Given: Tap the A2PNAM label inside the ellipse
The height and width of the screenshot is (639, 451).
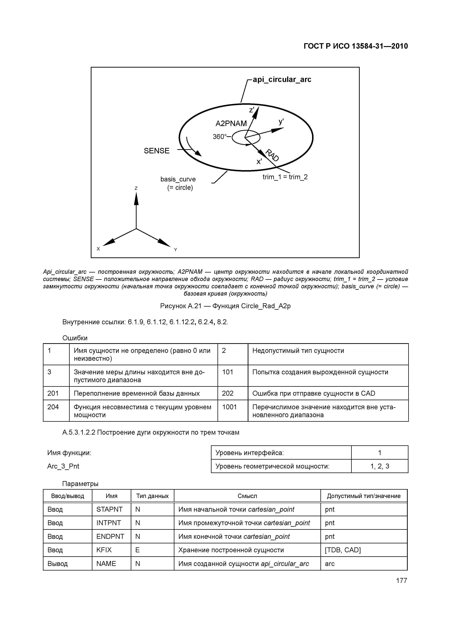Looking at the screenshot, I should (x=231, y=124).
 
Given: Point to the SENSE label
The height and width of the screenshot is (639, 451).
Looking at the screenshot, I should (x=156, y=151).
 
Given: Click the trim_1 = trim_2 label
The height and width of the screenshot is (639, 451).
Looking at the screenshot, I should (x=285, y=177).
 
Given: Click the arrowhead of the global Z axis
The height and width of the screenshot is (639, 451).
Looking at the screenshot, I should (x=136, y=198).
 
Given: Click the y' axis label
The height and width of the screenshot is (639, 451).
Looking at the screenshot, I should (x=281, y=122).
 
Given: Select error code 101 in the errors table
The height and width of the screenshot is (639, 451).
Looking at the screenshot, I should (x=228, y=372).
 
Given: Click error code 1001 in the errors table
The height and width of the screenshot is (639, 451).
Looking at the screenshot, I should (x=229, y=407).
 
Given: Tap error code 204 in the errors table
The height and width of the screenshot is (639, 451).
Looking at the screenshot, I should (x=53, y=407).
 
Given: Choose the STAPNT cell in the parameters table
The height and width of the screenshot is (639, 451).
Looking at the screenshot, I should (x=109, y=509).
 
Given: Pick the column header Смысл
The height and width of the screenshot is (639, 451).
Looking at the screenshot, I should (x=247, y=496).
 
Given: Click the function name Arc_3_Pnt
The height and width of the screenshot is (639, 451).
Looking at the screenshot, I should (x=63, y=466).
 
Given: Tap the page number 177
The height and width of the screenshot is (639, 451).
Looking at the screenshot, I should (x=401, y=581).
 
